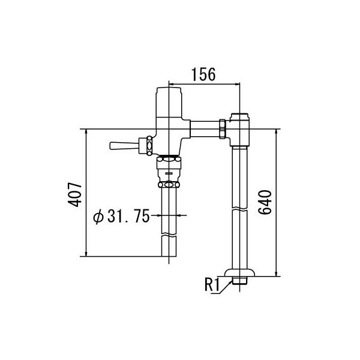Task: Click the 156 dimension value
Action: coord(204,74)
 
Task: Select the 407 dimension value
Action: coord(74,194)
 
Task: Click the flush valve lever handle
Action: coord(124,145)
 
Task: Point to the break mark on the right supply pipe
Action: coord(239,211)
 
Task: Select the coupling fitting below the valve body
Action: coord(169,172)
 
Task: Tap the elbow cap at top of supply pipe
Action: coord(239,117)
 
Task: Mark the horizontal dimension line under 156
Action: coord(204,83)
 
